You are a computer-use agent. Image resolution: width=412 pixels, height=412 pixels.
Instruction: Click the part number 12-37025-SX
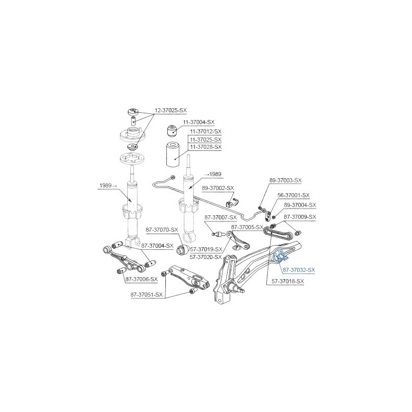(x=170, y=110)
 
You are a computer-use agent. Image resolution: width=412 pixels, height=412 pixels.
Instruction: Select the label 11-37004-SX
(x=199, y=122)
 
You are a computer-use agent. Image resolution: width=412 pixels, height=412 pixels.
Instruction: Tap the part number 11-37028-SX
(x=205, y=147)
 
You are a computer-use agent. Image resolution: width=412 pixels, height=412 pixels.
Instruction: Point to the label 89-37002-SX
(x=218, y=188)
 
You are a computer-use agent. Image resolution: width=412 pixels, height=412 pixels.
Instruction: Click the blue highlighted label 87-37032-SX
(x=299, y=270)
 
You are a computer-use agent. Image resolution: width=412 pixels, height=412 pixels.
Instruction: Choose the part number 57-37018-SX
(x=288, y=281)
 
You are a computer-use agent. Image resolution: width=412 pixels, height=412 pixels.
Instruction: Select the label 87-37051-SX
(x=147, y=295)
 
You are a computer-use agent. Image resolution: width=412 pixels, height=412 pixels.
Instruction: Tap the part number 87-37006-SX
(x=142, y=279)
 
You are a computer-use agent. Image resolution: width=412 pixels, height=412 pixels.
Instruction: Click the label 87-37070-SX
(x=162, y=230)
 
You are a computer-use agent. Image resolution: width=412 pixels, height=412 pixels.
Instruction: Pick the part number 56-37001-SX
(x=294, y=196)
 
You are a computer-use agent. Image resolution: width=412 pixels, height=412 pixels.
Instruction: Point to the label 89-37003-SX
(x=285, y=181)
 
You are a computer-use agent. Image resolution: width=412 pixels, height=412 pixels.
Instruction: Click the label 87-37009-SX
(x=300, y=217)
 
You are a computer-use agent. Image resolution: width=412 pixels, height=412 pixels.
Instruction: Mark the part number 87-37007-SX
(x=220, y=217)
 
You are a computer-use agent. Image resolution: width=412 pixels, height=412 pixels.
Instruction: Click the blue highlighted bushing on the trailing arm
(x=279, y=256)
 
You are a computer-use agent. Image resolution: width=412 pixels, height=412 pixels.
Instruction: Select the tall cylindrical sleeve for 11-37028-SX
(x=175, y=154)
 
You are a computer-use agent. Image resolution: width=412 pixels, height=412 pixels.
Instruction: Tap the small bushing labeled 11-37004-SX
(x=172, y=131)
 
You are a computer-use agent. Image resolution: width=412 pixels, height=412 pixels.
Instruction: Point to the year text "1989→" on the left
(x=108, y=186)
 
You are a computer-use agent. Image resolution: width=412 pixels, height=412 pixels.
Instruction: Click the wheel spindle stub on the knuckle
(x=238, y=288)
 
